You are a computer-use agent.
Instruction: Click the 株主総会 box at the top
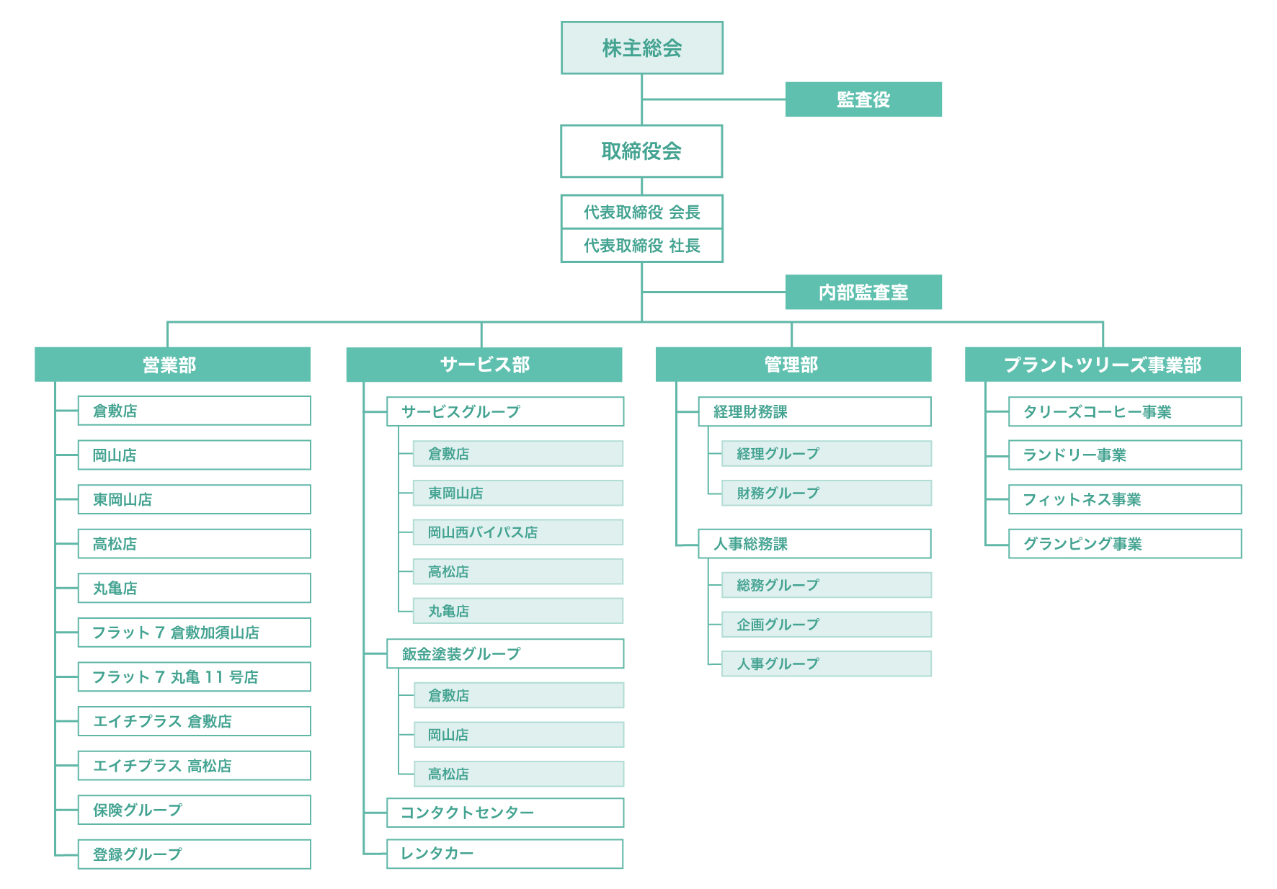[642, 48]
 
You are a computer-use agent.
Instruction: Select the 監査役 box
[863, 99]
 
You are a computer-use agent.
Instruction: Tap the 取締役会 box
[641, 151]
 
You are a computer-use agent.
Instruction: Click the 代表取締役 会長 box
[642, 212]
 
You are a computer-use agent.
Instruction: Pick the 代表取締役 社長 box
[642, 246]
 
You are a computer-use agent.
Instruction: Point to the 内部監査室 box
[863, 292]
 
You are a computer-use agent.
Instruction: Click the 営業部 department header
[173, 365]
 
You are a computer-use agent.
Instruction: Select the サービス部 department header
[484, 365]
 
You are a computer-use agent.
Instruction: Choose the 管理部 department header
[793, 365]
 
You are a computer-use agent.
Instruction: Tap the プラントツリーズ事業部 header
[1103, 365]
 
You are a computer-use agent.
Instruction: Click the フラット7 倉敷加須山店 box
[195, 633]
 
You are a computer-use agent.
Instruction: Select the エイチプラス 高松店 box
[195, 766]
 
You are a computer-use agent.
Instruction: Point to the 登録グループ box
[195, 854]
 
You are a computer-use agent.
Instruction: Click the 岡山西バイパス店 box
[518, 532]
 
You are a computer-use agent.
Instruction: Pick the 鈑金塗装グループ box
[505, 653]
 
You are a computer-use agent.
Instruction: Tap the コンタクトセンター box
[505, 813]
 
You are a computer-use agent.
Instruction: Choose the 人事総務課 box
[815, 544]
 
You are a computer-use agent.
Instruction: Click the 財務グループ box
[827, 493]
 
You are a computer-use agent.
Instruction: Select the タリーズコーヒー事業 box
[1125, 411]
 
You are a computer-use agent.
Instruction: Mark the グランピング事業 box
[1125, 544]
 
